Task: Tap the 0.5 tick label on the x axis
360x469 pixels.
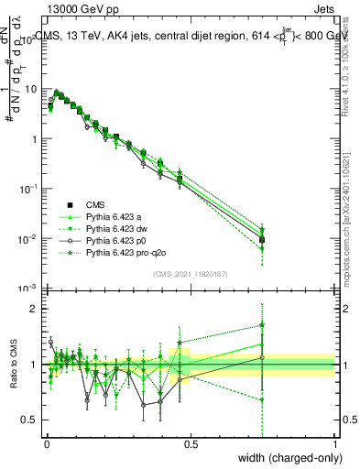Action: pyautogui.click(x=191, y=442)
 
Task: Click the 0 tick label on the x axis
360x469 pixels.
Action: pyautogui.click(x=46, y=442)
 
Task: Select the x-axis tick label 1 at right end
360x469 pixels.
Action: pyautogui.click(x=334, y=442)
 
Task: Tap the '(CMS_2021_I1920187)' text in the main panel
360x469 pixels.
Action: pyautogui.click(x=191, y=274)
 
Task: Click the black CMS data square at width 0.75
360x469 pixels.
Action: pyautogui.click(x=262, y=240)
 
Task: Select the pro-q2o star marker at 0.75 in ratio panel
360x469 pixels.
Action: pyautogui.click(x=262, y=324)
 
